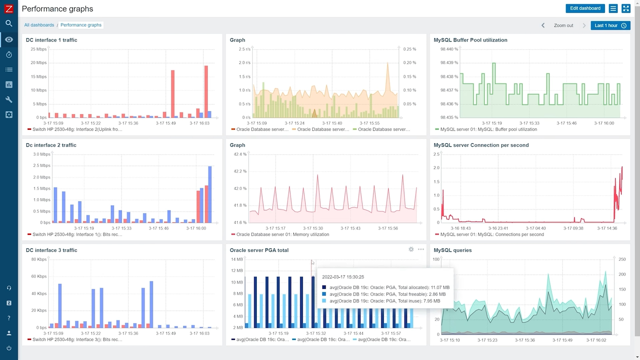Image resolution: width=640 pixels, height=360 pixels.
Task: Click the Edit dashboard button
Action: point(585,8)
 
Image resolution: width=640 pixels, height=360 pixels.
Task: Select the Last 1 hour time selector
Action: point(610,26)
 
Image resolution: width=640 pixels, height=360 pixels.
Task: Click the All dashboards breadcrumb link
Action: point(39,25)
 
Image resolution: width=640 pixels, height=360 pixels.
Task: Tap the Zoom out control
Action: point(563,26)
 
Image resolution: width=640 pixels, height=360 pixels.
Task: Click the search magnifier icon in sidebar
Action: point(9,23)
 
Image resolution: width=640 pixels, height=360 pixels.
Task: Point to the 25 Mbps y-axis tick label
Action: point(38,49)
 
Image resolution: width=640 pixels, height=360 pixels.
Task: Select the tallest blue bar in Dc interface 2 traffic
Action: point(210,195)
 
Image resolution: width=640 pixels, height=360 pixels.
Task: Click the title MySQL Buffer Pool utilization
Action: point(470,40)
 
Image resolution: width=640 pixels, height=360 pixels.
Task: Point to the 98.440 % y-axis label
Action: point(449,49)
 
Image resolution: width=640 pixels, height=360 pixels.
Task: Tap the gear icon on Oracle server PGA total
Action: point(411,249)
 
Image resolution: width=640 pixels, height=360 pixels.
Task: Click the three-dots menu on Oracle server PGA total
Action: point(421,249)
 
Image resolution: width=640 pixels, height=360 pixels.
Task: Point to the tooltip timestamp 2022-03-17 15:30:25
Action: point(343,277)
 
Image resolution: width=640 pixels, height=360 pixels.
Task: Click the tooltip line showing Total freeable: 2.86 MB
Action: point(387,294)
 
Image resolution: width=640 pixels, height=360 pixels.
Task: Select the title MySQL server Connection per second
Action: point(481,145)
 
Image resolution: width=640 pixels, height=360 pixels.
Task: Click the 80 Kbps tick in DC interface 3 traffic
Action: point(39,260)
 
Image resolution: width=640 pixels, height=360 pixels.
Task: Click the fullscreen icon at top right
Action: point(626,8)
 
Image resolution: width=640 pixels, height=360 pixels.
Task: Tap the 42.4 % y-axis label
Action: point(240,154)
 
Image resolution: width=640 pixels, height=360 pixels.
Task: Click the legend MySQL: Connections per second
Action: point(492,235)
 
